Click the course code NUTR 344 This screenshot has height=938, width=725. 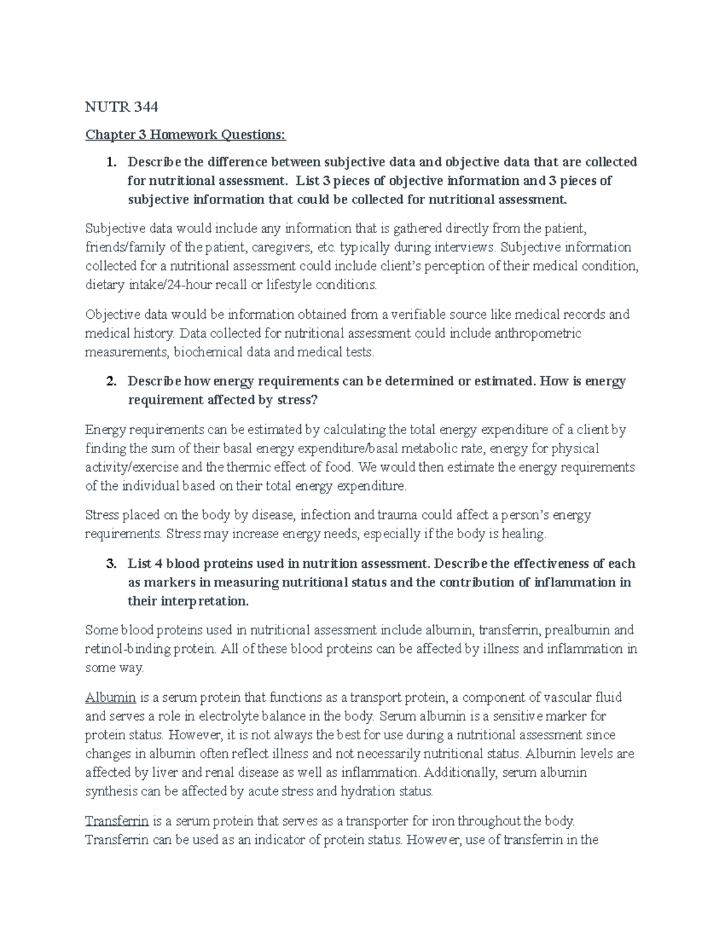[121, 107]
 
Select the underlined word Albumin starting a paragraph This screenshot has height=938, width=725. [111, 697]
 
